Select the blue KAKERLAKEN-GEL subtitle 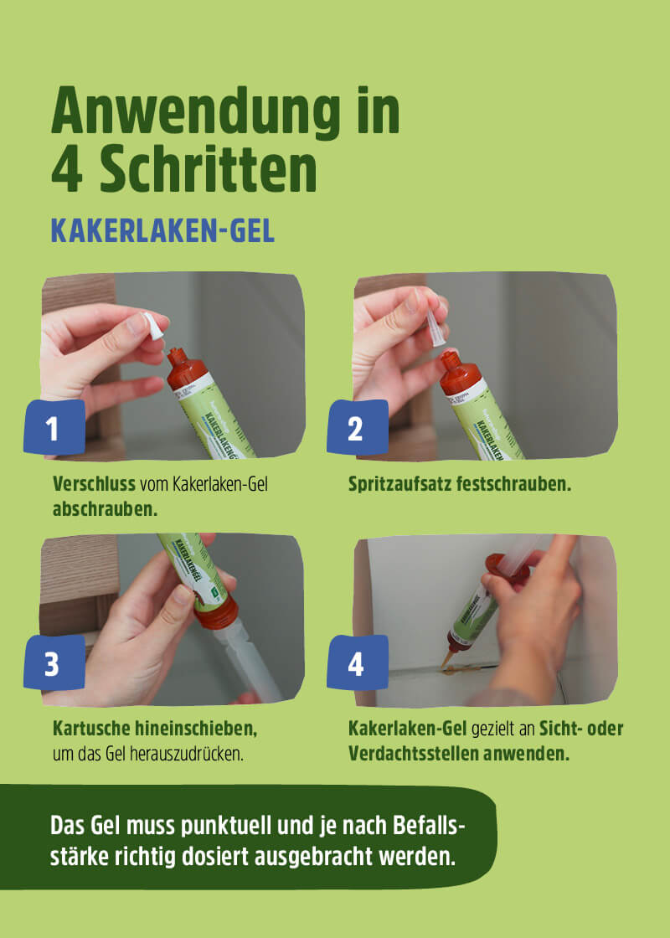pyautogui.click(x=162, y=230)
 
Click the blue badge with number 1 pyautogui.click(x=53, y=429)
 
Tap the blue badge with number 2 pyautogui.click(x=356, y=429)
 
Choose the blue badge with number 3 pyautogui.click(x=53, y=664)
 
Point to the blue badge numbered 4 pyautogui.click(x=356, y=664)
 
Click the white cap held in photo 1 pyautogui.click(x=152, y=325)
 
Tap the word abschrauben pyautogui.click(x=105, y=508)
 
